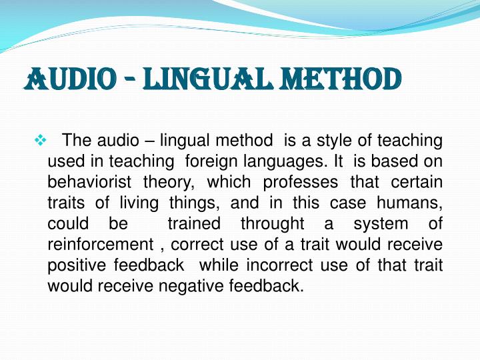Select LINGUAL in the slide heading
tap(191, 79)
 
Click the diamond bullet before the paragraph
tap(38, 141)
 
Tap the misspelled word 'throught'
tap(272, 223)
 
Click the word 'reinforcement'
tap(95, 244)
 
